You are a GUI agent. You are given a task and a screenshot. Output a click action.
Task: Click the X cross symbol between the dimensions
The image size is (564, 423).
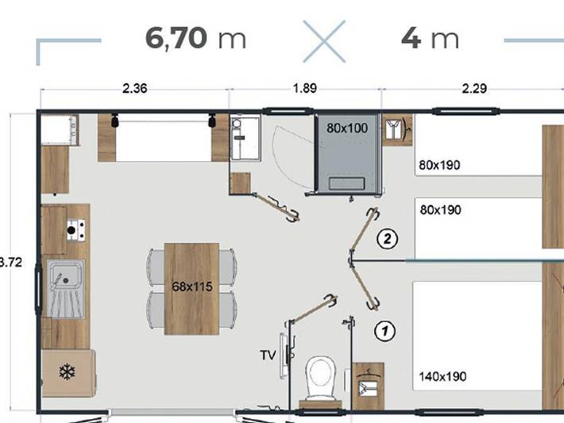coord(323,40)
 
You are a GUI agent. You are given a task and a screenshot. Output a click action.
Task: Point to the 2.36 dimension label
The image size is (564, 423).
coord(134,88)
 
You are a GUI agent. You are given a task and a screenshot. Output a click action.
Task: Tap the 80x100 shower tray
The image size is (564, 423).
coord(348,127)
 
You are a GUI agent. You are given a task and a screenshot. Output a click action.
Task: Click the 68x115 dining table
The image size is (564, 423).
coord(191,287)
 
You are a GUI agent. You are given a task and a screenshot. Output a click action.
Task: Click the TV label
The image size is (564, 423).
coord(268,355)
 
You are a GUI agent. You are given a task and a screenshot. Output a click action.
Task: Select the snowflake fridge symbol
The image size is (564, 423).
coord(68,371)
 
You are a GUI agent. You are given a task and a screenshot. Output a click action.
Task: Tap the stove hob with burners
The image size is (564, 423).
coord(75,230)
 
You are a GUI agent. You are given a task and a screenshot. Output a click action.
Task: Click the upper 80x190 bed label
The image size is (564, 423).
coord(440,166)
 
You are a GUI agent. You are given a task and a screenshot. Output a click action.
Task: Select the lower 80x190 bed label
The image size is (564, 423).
coord(440,210)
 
